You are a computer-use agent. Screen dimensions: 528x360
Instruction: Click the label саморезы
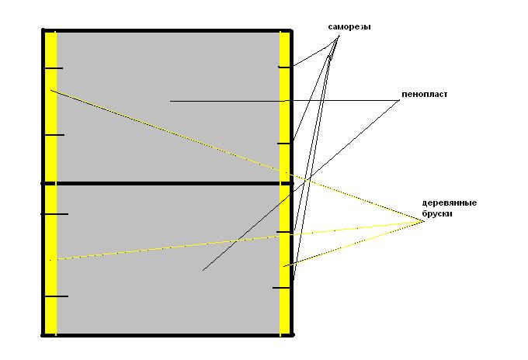pyautogui.click(x=349, y=27)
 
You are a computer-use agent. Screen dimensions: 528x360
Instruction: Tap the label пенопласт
pyautogui.click(x=424, y=94)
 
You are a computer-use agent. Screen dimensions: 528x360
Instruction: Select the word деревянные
pyautogui.click(x=450, y=202)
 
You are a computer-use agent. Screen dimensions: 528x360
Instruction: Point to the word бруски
pyautogui.click(x=436, y=213)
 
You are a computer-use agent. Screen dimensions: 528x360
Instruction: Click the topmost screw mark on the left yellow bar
pyautogui.click(x=54, y=68)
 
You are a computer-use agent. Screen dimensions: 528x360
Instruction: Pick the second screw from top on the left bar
pyautogui.click(x=54, y=135)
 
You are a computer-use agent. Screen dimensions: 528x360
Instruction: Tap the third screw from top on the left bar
pyautogui.click(x=54, y=214)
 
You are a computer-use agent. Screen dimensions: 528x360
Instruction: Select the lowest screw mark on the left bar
pyautogui.click(x=56, y=296)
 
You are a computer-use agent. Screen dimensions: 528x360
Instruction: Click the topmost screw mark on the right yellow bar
pyautogui.click(x=285, y=67)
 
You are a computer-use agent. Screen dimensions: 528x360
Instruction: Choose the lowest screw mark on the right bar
pyautogui.click(x=282, y=288)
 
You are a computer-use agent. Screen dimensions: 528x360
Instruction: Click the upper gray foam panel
pyautogui.click(x=168, y=107)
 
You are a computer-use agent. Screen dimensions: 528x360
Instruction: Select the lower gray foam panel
pyautogui.click(x=168, y=260)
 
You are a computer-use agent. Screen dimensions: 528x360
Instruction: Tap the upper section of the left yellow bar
pyautogui.click(x=50, y=107)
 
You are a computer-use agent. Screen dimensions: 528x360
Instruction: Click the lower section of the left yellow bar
pyautogui.click(x=50, y=260)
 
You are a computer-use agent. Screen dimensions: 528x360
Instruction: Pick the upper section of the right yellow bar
pyautogui.click(x=284, y=107)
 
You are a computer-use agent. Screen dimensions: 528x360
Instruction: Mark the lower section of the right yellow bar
pyautogui.click(x=284, y=260)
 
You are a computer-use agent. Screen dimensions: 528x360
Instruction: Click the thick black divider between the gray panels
pyautogui.click(x=168, y=183)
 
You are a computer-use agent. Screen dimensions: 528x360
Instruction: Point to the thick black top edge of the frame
pyautogui.click(x=168, y=30)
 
